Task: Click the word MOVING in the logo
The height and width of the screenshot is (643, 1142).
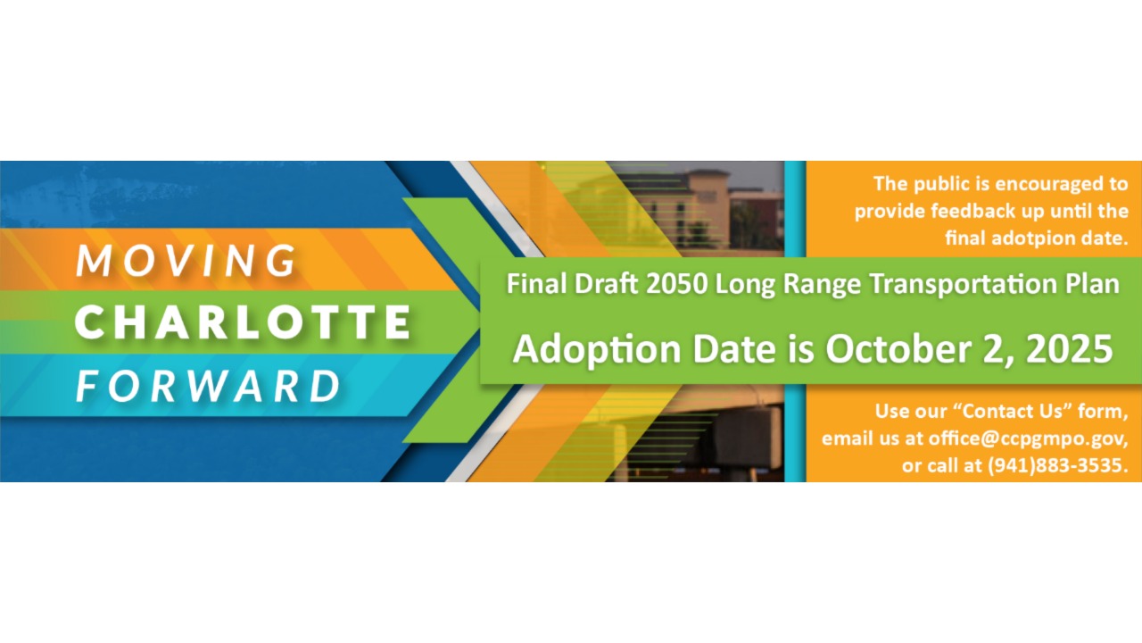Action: pyautogui.click(x=186, y=260)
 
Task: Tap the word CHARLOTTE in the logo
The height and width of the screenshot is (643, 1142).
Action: pyautogui.click(x=244, y=322)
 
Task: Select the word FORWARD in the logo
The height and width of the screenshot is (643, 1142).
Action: pyautogui.click(x=209, y=386)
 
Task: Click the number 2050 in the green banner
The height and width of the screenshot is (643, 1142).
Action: pyautogui.click(x=676, y=284)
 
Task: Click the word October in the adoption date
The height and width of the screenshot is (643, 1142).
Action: pyautogui.click(x=898, y=349)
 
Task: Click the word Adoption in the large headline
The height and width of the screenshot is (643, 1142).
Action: pyautogui.click(x=597, y=350)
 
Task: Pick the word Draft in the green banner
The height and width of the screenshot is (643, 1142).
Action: pyautogui.click(x=606, y=284)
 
